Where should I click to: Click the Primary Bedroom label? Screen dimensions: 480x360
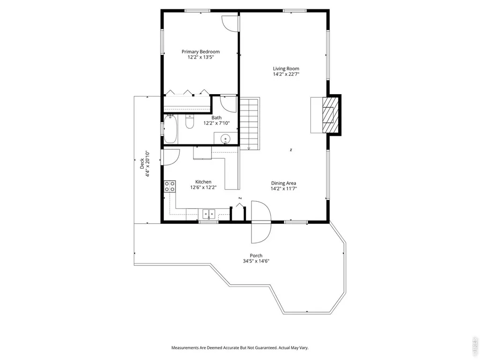point(200,52)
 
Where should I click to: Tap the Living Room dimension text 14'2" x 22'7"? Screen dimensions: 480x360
point(286,74)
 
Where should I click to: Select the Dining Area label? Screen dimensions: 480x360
point(283,184)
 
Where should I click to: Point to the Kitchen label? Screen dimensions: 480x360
point(203,182)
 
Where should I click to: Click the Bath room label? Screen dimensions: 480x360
point(216,118)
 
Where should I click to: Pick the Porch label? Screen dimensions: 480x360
point(256,256)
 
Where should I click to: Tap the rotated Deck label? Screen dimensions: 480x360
point(142,163)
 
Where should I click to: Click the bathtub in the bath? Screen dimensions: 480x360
point(170,129)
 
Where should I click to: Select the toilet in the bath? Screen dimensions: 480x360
point(190,122)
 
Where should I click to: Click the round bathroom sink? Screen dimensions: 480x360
point(226,139)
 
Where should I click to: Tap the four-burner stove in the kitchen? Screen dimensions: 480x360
point(170,186)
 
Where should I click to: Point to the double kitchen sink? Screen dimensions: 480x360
point(209,213)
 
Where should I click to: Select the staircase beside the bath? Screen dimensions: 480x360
point(249,124)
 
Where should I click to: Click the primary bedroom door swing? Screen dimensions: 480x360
point(229,23)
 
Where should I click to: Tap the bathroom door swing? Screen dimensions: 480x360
point(229,104)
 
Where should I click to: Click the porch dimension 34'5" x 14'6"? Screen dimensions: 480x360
point(256,261)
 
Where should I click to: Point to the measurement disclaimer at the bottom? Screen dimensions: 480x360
point(240,348)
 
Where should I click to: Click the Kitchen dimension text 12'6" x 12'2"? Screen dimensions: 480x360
point(203,187)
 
